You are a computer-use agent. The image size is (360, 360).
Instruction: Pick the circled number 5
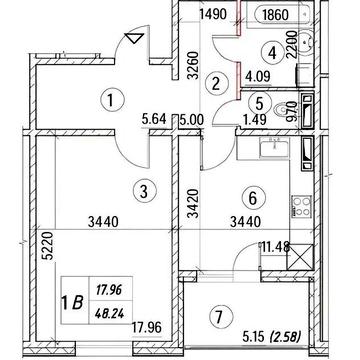coord(258,102)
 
